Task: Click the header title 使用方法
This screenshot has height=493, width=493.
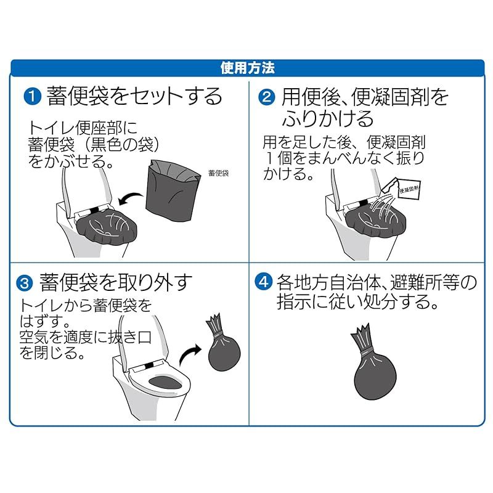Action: [247, 68]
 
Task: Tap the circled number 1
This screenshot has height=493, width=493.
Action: [33, 97]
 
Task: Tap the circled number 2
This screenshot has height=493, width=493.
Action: [267, 97]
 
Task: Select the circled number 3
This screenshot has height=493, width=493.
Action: [25, 283]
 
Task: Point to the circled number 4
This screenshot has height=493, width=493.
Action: [263, 282]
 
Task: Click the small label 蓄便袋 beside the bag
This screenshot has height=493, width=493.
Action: [219, 173]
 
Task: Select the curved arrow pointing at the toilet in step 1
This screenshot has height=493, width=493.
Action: [131, 198]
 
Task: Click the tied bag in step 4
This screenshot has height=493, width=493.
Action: [374, 362]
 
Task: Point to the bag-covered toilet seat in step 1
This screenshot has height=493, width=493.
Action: [106, 227]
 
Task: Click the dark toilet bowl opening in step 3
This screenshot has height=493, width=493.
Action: [165, 382]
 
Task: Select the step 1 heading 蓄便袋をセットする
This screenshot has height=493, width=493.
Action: [134, 96]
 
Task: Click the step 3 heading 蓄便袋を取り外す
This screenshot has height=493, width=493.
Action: [115, 282]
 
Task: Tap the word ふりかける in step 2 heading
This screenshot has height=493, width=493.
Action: [327, 118]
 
